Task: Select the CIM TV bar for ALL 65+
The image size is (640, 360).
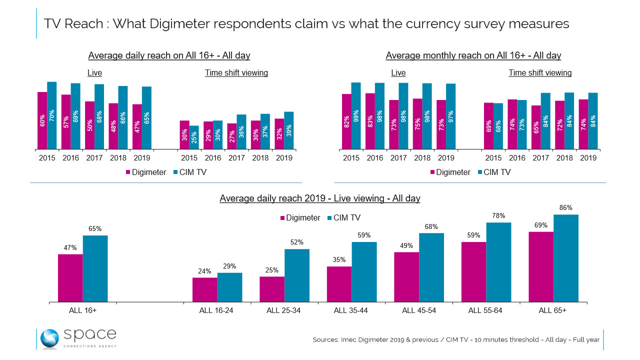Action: click(566, 258)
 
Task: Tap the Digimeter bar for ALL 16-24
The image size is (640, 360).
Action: click(205, 289)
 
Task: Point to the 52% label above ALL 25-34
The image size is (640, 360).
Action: click(297, 242)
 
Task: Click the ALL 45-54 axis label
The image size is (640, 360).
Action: click(419, 310)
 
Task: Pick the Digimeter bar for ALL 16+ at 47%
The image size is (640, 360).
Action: click(70, 277)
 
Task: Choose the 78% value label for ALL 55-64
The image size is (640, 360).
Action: click(498, 216)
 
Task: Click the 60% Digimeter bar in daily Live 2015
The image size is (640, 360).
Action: click(42, 120)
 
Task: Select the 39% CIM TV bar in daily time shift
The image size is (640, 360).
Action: click(288, 130)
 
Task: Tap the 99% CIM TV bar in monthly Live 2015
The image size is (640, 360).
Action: click(355, 116)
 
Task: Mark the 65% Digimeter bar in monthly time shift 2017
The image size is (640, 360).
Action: click(536, 127)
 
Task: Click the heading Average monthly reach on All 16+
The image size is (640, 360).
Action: click(473, 55)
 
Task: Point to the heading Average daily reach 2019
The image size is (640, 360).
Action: click(320, 198)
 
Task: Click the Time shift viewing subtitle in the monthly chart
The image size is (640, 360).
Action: click(540, 73)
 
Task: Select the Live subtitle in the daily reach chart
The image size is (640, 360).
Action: click(94, 73)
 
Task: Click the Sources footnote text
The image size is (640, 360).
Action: click(455, 340)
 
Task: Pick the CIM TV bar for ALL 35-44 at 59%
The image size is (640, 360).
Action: click(364, 271)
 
